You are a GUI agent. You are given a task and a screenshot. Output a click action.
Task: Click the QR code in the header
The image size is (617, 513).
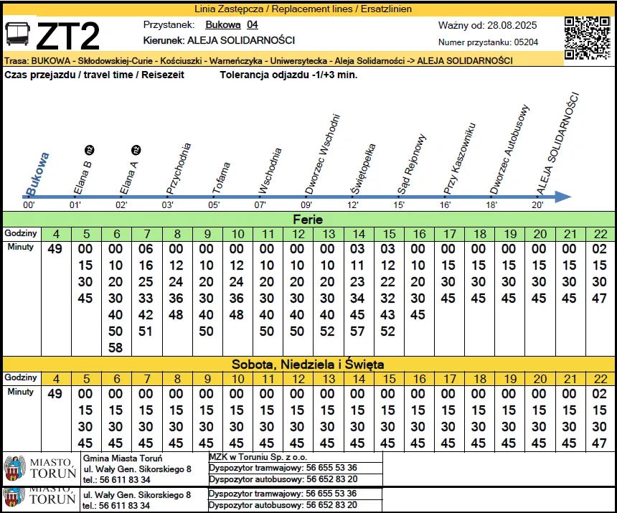tap(587, 37)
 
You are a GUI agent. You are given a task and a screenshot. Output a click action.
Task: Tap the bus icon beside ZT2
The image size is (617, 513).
tap(17, 34)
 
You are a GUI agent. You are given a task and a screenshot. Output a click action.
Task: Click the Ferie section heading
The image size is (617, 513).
tap(308, 220)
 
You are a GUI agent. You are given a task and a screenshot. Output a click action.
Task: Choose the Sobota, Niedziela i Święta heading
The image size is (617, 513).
tap(308, 364)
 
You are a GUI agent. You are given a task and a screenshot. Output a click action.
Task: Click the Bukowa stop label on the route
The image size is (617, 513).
tap(37, 174)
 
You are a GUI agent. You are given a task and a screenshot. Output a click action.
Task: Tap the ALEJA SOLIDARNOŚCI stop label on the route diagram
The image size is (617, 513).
tap(558, 145)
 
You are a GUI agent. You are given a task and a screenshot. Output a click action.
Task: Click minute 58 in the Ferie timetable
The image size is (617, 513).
tap(116, 348)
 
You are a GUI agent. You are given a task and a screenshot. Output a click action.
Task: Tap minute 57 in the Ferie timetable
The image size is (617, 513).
tap(358, 331)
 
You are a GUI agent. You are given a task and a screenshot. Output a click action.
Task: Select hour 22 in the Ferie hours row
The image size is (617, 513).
tap(600, 234)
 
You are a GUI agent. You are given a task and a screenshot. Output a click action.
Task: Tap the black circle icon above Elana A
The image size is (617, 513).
tap(136, 150)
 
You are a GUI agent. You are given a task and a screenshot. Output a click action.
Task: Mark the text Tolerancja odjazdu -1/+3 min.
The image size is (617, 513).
tap(288, 75)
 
